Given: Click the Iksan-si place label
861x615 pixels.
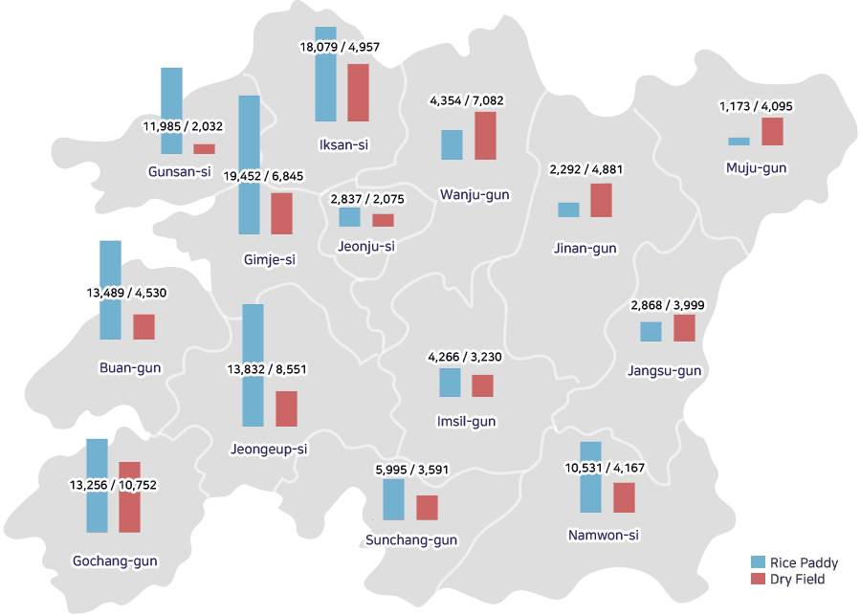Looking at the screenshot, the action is pos(343,145).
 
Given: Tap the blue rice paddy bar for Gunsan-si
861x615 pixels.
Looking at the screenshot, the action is pos(172,111).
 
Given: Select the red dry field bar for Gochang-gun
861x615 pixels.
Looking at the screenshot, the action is pos(129,497).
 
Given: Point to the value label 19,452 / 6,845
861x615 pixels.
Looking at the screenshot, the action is pos(263,176).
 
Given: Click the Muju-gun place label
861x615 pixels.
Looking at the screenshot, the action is pos(756,168).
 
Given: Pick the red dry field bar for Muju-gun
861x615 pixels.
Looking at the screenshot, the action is pos(773,132).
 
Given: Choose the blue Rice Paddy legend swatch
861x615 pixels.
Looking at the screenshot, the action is pos(759,561).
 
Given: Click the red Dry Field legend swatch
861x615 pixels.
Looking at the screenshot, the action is pos(759,579).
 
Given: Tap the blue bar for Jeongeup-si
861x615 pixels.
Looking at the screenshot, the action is pos(254,365).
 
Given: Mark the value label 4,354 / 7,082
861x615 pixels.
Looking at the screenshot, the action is pos(467,100).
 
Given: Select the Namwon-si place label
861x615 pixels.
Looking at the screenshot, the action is pos(604,535).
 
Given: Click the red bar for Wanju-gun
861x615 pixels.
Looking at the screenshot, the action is pos(485,136).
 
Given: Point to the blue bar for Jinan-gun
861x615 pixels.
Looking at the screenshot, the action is pos(569,209).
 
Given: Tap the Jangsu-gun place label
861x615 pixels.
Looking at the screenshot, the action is pos(665,371).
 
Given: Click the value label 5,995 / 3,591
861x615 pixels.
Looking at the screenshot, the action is pos(411,470).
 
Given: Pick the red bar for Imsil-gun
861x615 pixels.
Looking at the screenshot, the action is pos(483,386).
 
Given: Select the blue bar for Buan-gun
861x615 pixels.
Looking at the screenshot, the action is pos(110,290).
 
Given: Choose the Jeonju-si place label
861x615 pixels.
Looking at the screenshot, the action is pos(366,247).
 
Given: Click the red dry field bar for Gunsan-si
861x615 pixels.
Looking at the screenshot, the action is pos(205,149).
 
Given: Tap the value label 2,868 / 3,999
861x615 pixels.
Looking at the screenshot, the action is pos(668,305).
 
